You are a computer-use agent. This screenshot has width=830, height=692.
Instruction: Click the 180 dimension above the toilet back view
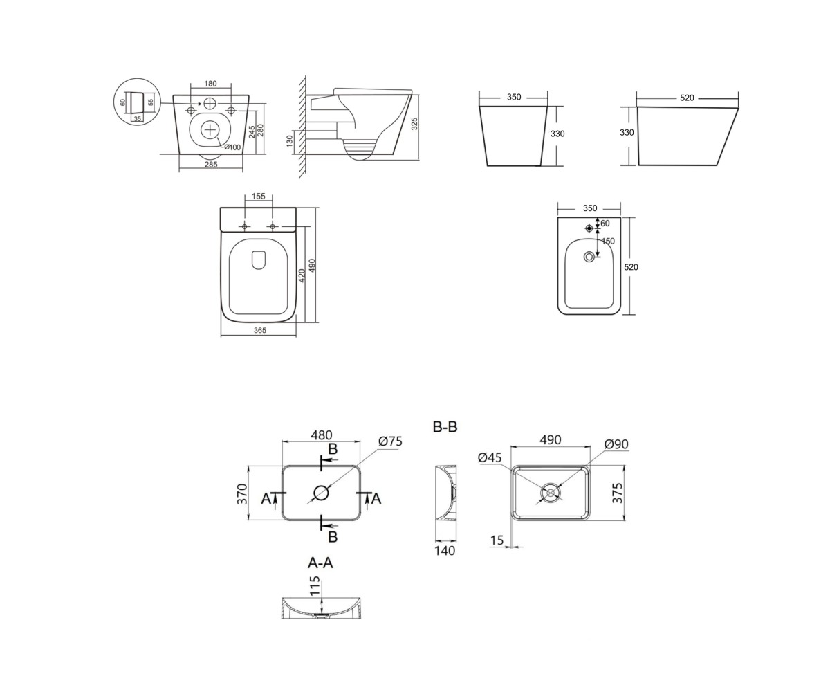click(x=210, y=84)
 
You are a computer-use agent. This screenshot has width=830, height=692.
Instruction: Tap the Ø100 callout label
click(x=232, y=147)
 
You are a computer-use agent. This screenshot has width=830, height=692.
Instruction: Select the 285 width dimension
click(x=211, y=164)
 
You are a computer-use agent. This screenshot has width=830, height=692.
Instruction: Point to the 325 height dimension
click(x=414, y=124)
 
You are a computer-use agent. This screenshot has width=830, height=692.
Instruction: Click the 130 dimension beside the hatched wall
click(x=289, y=141)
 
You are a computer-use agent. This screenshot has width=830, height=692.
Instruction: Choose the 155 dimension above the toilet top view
click(x=259, y=196)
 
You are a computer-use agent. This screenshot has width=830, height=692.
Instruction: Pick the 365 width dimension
click(x=259, y=330)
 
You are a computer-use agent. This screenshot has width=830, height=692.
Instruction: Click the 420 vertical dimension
click(x=302, y=275)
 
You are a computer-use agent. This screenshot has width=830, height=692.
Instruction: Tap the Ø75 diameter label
click(x=390, y=441)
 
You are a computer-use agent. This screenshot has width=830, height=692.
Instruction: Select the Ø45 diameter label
click(x=490, y=457)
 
